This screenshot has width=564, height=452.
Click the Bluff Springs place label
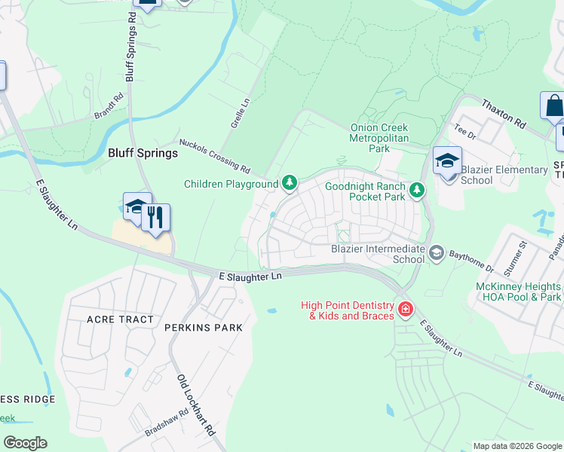(143, 153)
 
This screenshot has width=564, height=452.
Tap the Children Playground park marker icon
(289, 183)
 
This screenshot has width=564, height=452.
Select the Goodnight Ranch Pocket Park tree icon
(418, 191)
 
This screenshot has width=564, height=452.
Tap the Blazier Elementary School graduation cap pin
(447, 161)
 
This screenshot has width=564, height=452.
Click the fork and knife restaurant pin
(156, 218)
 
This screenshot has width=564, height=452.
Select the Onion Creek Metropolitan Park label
(379, 139)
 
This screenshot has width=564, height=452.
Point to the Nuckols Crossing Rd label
(214, 154)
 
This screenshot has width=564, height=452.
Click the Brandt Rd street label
(108, 106)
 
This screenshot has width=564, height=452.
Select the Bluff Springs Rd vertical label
(131, 47)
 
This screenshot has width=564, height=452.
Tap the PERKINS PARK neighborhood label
(204, 328)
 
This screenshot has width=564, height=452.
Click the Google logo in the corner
(25, 443)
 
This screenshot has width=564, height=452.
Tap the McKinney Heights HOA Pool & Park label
(519, 292)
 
